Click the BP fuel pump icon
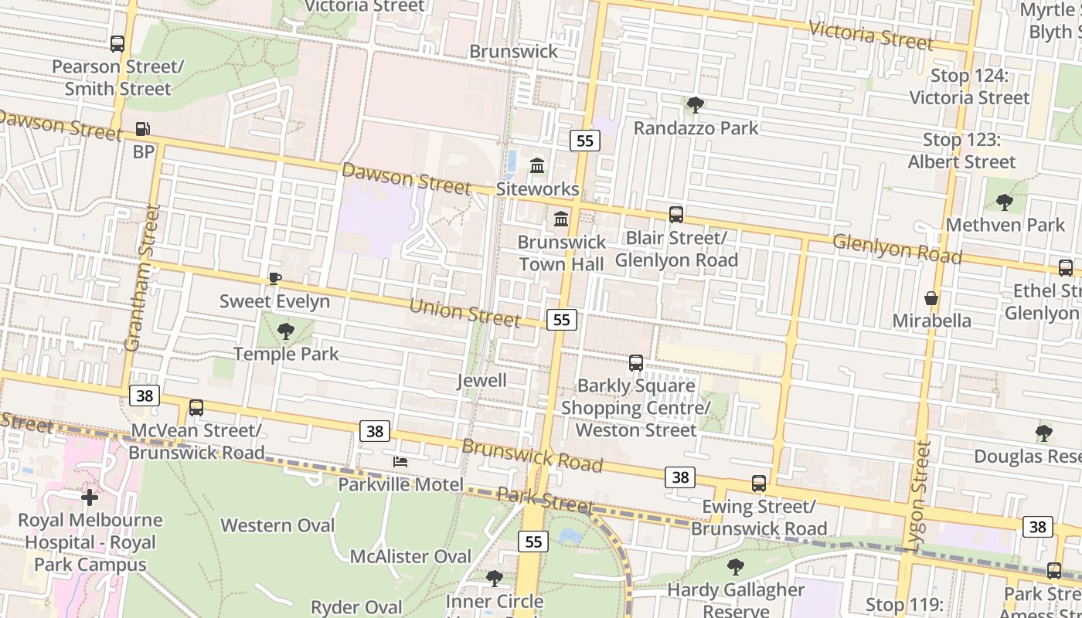[143, 129]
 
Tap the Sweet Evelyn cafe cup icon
[274, 278]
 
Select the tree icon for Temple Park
[286, 331]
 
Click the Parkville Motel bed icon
[400, 462]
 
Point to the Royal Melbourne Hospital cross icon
[90, 497]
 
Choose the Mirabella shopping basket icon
[932, 298]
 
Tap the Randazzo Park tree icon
[696, 104]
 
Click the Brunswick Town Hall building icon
[561, 219]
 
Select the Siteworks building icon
[537, 166]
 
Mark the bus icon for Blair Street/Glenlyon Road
[676, 215]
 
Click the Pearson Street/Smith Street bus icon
[117, 44]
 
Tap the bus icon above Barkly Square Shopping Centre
[636, 362]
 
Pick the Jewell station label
[481, 380]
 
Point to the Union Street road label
[464, 311]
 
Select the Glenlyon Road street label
[897, 248]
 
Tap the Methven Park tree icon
[1005, 202]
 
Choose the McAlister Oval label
[410, 556]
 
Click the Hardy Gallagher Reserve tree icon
[736, 567]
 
